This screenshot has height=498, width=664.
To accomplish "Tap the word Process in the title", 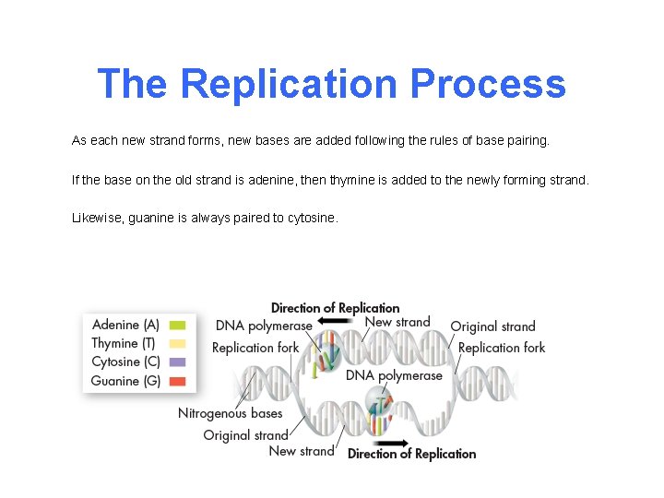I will point(488,83).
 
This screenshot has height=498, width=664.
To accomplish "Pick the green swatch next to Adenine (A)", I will point(178,325).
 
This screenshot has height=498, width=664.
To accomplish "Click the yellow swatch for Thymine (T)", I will point(178,343).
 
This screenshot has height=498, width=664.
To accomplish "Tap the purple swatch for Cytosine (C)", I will point(178,362).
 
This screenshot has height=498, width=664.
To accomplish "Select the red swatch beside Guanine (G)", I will point(178,381).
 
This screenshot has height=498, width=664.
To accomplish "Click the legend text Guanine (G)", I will point(126,381).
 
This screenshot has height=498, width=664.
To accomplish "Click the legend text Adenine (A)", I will point(126,325).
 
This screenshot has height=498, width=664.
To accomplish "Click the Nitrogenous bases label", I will point(231,413).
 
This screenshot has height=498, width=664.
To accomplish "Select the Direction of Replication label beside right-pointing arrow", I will point(411,454).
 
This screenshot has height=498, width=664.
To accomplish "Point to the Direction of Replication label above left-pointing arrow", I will point(336,308).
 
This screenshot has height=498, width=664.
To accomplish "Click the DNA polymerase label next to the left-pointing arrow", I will point(263,326).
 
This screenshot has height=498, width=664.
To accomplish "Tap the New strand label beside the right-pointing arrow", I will point(302,451).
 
